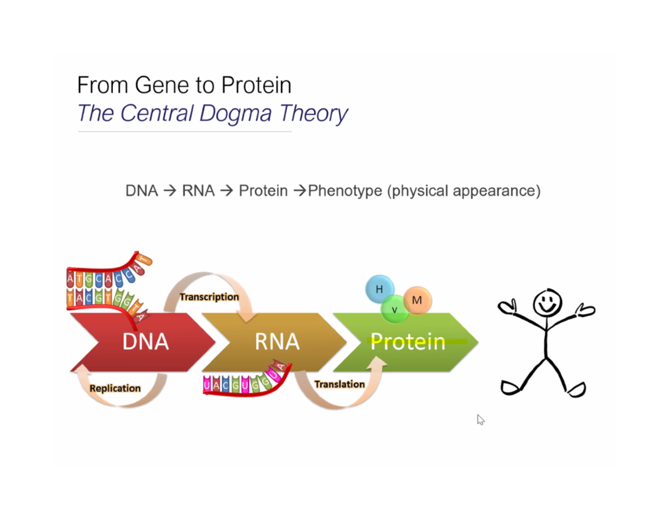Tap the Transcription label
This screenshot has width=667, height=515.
click(209, 297)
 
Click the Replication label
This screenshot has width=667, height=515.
click(115, 388)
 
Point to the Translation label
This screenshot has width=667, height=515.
click(339, 384)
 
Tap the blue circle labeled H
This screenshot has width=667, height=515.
click(379, 289)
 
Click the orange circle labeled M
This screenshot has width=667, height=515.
click(417, 300)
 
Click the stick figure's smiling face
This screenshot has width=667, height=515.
click(547, 303)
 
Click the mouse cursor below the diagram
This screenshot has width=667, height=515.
click(480, 419)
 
